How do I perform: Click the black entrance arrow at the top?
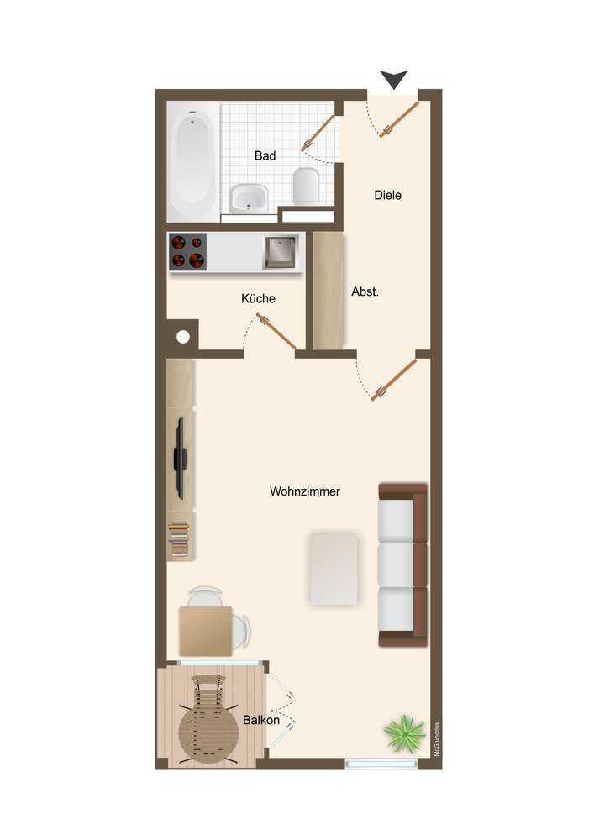394,79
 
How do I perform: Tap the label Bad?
265,156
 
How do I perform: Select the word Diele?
388,195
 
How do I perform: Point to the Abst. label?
365,292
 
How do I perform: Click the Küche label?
258,298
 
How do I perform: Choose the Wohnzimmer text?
305,491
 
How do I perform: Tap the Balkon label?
261,720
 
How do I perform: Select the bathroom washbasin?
249,197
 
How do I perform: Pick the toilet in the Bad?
307,186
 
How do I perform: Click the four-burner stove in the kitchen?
188,251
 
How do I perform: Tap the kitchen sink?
280,252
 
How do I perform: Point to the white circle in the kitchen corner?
183,337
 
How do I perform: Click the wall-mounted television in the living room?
181,459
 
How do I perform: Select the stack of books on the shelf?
179,540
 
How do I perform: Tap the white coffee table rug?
334,569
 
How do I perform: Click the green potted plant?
404,732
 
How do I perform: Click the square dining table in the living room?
206,631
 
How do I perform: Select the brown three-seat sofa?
402,564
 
